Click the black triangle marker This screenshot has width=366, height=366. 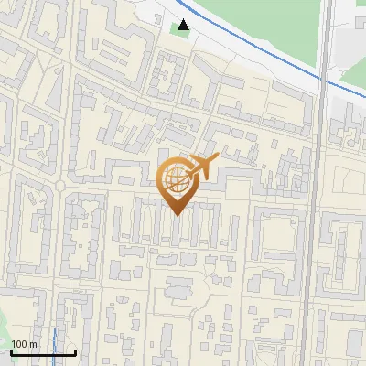click(x=184, y=25)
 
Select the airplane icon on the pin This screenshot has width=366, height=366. click(x=202, y=167)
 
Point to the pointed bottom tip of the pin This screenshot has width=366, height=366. click(x=177, y=215)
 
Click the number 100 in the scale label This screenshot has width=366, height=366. click(x=20, y=344)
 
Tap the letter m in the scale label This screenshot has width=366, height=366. click(x=33, y=344)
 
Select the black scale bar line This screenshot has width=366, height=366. click(x=43, y=352)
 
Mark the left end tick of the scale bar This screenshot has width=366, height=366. click(x=12, y=351)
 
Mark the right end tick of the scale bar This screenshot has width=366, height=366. click(x=75, y=351)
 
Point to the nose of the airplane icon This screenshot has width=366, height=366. click(x=217, y=160)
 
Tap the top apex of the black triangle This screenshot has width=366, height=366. click(x=184, y=19)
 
